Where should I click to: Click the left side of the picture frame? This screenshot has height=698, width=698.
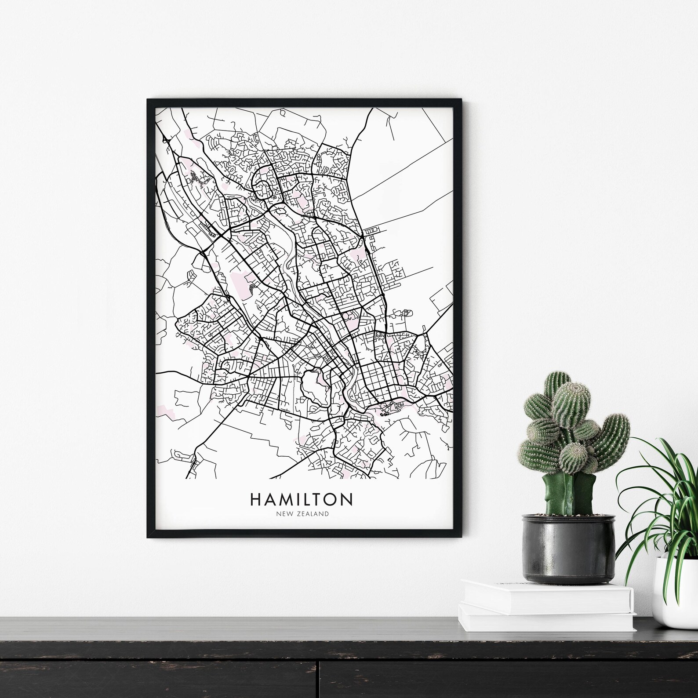click(151, 316)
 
